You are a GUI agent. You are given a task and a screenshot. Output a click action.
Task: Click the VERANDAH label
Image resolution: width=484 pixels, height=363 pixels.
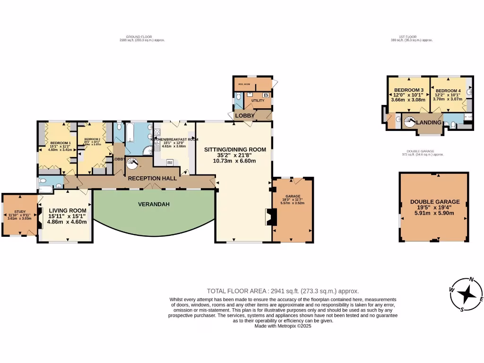tap(153, 205)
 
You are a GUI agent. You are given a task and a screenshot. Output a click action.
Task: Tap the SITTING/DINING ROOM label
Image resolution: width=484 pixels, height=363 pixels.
tap(233, 149)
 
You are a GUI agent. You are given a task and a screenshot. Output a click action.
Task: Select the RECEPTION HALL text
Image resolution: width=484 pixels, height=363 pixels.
tap(152, 178)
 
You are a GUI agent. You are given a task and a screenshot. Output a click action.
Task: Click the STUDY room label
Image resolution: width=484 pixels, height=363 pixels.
tap(19, 212)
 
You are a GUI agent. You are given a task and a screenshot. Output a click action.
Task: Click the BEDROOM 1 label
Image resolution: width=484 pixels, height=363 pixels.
tap(60, 143)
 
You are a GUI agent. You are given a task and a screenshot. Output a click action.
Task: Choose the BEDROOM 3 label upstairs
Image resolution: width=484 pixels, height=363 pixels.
tap(409, 90)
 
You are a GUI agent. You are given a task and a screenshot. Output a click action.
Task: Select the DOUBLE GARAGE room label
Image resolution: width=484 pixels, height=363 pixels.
tap(435, 202)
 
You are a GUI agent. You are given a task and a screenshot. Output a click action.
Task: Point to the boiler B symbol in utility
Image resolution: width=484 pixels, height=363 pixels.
tap(266, 95)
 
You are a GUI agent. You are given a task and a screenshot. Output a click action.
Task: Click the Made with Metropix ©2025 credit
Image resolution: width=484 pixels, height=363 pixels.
tap(283, 326)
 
